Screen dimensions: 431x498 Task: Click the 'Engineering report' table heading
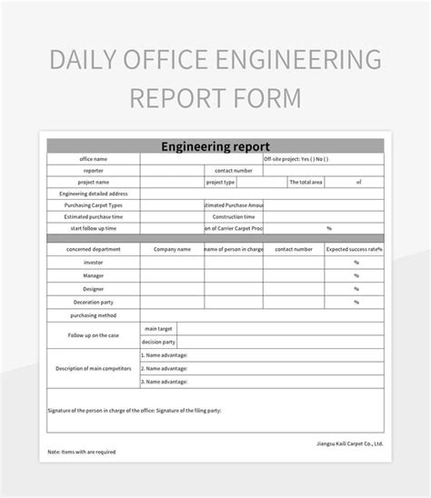point(215,145)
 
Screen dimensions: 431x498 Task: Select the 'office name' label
point(93,158)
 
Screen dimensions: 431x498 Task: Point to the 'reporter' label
point(93,170)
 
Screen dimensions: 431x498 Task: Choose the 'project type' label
point(220,182)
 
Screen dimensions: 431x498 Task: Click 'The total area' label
point(306,182)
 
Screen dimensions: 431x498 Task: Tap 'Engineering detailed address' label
point(93,194)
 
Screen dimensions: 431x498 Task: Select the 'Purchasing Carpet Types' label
point(93,205)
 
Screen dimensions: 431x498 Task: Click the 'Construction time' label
point(233,216)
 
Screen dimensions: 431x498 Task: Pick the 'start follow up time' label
point(93,228)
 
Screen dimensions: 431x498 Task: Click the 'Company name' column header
point(172,248)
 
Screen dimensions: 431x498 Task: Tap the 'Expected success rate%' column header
point(355,248)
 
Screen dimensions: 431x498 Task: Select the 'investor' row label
point(93,262)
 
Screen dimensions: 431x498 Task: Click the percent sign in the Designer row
point(356,288)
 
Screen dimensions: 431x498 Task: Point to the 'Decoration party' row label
point(93,302)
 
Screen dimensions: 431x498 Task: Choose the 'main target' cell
point(157,328)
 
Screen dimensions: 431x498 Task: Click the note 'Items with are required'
point(82,452)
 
